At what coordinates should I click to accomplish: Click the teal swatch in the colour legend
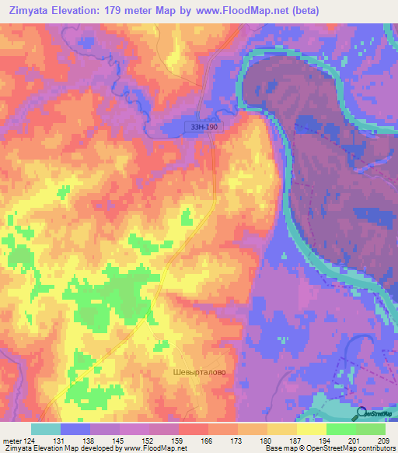tap(46, 429)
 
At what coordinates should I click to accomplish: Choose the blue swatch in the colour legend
tap(75, 429)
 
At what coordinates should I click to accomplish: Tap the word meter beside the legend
tap(12, 441)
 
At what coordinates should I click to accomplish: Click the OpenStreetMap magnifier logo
tap(361, 413)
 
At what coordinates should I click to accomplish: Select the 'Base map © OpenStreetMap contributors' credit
tap(329, 448)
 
